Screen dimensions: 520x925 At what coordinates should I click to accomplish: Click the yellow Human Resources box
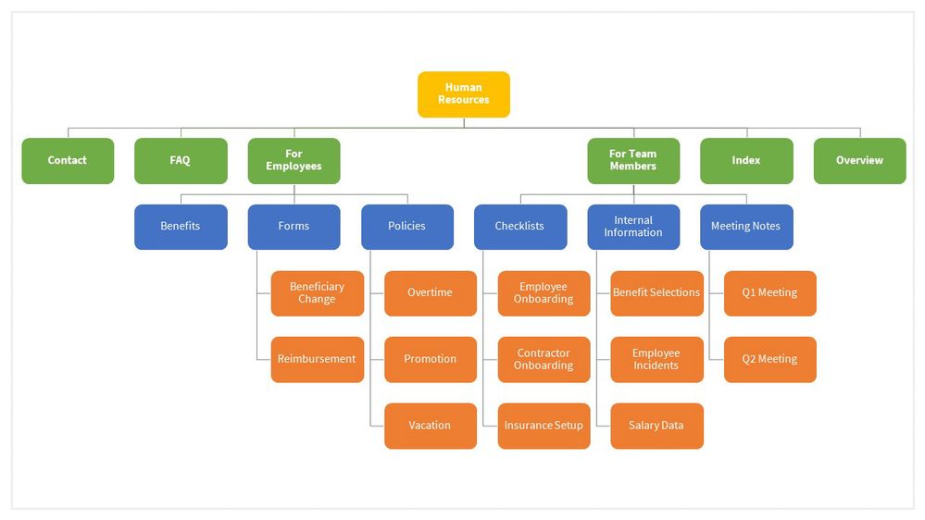tap(463, 94)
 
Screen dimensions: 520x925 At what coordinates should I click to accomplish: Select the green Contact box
tap(68, 160)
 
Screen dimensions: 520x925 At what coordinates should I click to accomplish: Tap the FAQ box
tap(181, 160)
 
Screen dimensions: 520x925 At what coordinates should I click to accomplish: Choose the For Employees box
tap(294, 160)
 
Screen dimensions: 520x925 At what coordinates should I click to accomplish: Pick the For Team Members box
tap(633, 160)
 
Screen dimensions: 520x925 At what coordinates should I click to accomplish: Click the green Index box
tap(746, 160)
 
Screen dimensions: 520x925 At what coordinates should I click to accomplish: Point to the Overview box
tap(859, 160)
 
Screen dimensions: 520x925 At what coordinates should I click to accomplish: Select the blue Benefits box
tap(181, 227)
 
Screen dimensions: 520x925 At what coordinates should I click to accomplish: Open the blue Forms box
tap(294, 227)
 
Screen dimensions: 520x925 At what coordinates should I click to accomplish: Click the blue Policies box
tap(407, 227)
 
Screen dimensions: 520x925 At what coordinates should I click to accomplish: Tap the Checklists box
tap(520, 227)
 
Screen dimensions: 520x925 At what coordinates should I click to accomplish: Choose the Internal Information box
tap(633, 227)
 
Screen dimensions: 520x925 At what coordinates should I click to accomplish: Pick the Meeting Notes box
tap(746, 227)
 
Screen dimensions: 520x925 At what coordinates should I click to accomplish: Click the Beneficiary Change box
tap(317, 293)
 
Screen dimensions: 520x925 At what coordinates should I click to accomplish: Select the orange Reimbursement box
tap(317, 359)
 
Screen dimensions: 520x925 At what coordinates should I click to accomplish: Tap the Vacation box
tap(430, 426)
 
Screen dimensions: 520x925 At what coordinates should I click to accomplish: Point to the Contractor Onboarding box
tap(544, 359)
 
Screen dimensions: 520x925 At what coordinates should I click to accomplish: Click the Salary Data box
tap(656, 426)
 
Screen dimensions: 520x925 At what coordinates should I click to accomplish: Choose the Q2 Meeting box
tap(769, 359)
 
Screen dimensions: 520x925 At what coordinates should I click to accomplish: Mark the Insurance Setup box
tap(544, 426)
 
